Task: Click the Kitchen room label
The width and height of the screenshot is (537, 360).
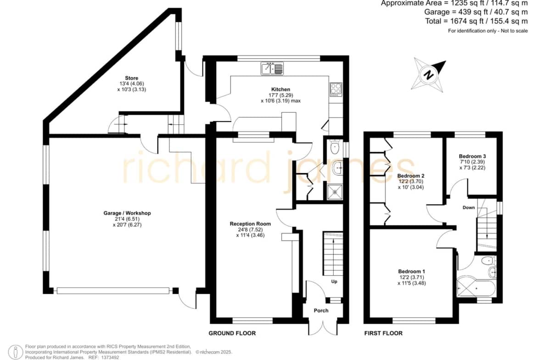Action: (x=281, y=89)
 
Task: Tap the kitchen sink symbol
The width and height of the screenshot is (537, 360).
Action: (x=272, y=68)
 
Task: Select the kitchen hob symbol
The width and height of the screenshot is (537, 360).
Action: (x=336, y=90)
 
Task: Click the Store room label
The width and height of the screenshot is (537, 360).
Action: (x=132, y=78)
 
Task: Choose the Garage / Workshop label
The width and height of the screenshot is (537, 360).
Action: (x=127, y=213)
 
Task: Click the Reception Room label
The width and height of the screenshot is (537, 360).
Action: (x=250, y=224)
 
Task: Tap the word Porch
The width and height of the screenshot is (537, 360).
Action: (x=321, y=310)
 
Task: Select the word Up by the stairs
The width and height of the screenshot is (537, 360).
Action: (x=334, y=281)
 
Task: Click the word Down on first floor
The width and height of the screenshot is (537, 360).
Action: (x=469, y=207)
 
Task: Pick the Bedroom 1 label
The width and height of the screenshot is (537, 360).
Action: (x=412, y=271)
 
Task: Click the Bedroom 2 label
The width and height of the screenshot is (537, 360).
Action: (x=411, y=176)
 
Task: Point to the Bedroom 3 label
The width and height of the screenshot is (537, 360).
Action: (x=472, y=156)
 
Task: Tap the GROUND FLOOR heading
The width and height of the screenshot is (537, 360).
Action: (x=232, y=333)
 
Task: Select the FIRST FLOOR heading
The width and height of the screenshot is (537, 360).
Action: (x=383, y=333)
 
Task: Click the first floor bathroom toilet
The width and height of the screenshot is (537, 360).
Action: (x=487, y=261)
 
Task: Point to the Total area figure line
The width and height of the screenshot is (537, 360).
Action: (x=476, y=21)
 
